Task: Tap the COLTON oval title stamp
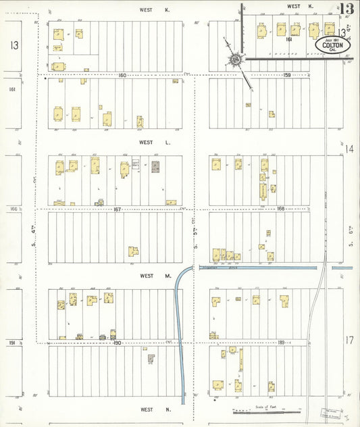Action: (x=332, y=44)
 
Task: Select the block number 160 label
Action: (x=122, y=75)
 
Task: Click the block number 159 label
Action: (x=286, y=75)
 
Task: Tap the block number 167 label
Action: (x=117, y=209)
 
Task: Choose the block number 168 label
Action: (x=281, y=209)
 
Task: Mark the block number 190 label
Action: (x=116, y=343)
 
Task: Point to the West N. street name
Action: (x=147, y=409)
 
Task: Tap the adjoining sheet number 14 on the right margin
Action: (x=349, y=149)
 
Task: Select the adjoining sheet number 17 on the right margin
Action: (x=350, y=341)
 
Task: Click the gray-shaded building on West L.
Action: (x=155, y=166)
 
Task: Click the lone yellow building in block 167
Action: (x=134, y=251)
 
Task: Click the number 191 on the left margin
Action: (x=12, y=343)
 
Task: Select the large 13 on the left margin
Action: (x=14, y=45)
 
